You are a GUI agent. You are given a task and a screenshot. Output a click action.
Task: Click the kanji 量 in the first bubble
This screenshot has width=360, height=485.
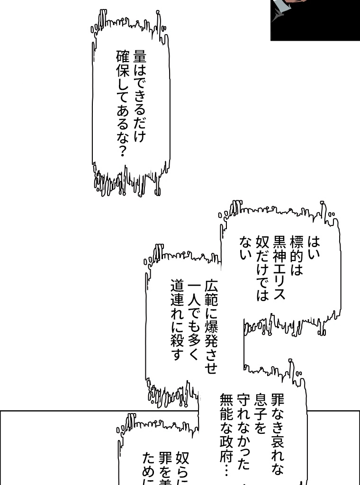pyautogui.click(x=140, y=57)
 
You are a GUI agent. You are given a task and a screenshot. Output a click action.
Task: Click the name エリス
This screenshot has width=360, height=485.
pyautogui.click(x=279, y=284)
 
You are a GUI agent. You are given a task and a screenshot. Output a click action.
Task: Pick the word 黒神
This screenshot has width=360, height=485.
pyautogui.click(x=279, y=253)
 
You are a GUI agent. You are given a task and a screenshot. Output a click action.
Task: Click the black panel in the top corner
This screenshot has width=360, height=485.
pyautogui.click(x=315, y=20)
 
